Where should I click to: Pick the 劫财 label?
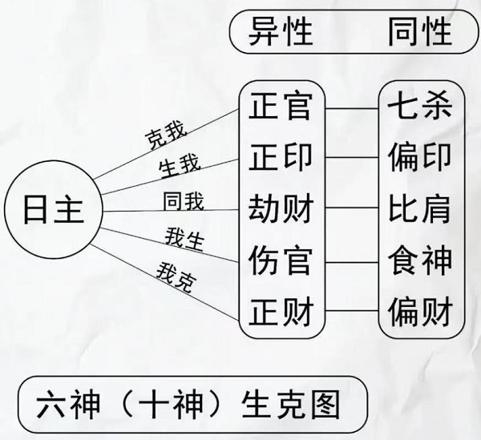[281, 208]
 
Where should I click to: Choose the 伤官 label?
[281, 260]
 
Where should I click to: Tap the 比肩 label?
[419, 208]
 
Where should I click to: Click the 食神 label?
[419, 260]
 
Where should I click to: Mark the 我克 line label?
[174, 277]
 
